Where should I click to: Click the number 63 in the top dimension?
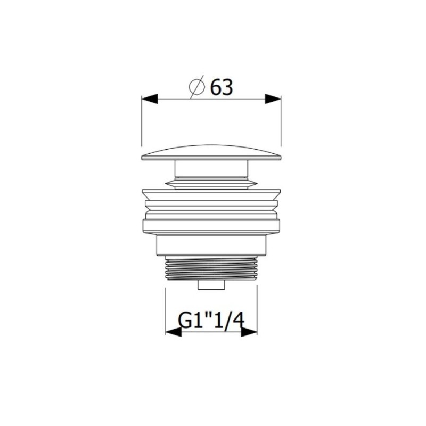(x=222, y=87)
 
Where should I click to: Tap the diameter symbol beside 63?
(x=196, y=87)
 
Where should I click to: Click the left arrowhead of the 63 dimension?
(x=150, y=99)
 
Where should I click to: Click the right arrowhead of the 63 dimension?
(x=273, y=99)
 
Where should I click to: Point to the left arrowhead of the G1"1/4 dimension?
(x=174, y=332)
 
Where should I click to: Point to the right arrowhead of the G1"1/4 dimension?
(x=249, y=332)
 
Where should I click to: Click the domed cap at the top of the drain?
(x=211, y=153)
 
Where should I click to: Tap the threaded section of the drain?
(x=211, y=269)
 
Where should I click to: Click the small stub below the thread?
(x=211, y=285)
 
